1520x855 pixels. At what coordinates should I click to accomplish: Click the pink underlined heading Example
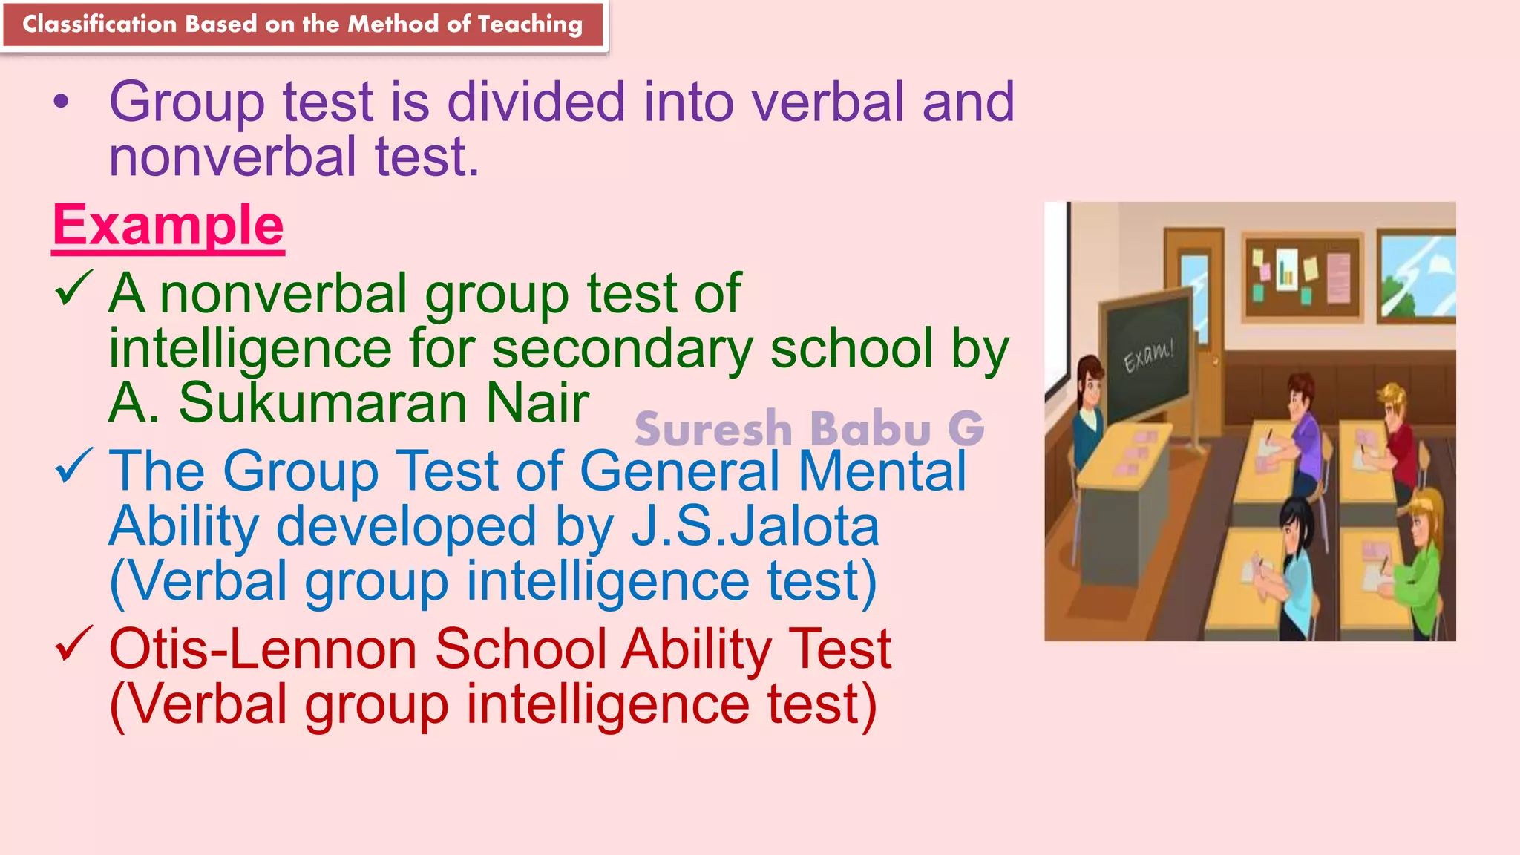(x=168, y=226)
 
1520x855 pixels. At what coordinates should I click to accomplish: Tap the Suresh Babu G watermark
(x=809, y=429)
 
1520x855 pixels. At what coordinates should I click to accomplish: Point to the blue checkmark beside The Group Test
(x=73, y=465)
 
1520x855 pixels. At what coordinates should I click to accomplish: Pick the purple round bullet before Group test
(x=62, y=103)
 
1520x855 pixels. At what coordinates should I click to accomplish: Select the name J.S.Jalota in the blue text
(x=755, y=526)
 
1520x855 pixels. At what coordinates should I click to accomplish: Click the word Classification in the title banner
(x=99, y=24)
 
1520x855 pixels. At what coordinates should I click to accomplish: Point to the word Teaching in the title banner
(x=530, y=24)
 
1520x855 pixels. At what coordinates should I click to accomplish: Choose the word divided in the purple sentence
(x=536, y=102)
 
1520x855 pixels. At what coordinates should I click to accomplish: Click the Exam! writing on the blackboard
(x=1148, y=356)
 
